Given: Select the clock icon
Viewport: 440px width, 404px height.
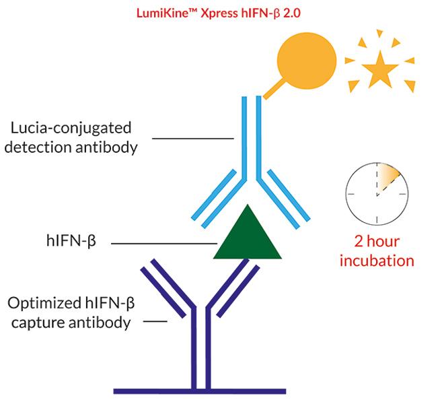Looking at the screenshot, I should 377,191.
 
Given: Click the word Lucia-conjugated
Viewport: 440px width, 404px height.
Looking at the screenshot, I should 80,127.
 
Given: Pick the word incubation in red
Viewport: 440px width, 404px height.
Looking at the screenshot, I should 377,260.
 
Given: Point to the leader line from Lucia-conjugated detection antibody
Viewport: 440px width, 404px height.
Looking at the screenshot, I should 192,139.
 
